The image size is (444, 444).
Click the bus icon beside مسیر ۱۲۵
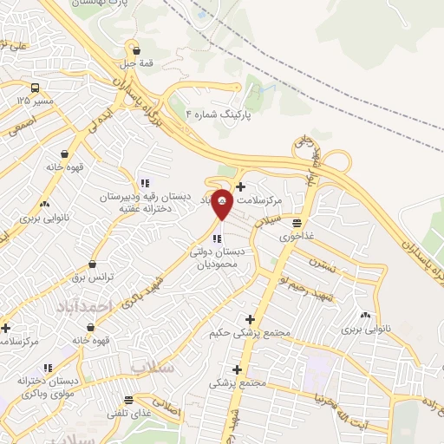click(x=35, y=88)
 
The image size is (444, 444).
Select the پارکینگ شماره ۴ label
click(x=219, y=114)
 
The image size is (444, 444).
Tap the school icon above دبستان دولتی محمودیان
click(x=217, y=238)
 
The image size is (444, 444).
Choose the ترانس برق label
click(x=93, y=276)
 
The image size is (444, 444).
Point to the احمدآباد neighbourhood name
click(x=85, y=307)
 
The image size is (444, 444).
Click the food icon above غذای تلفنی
click(x=129, y=400)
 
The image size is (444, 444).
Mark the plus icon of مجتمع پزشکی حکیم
click(x=251, y=319)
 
